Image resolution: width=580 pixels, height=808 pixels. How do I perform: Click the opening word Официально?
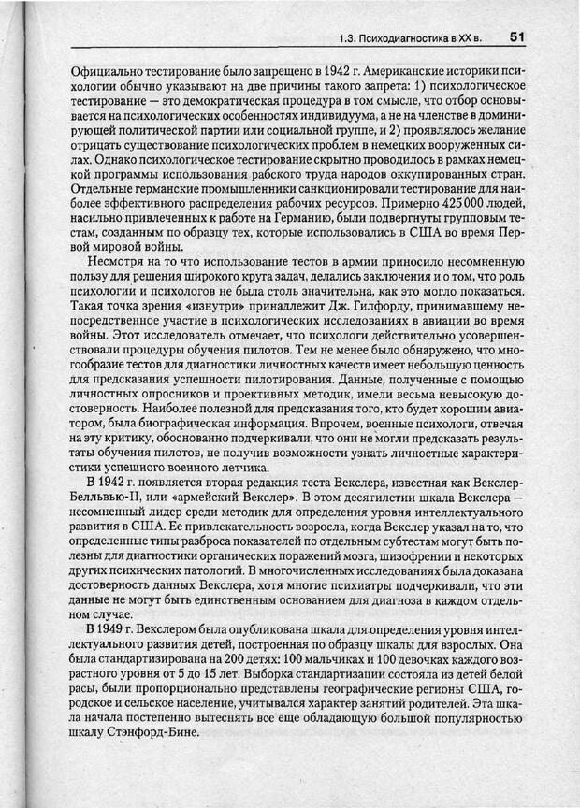coord(107,70)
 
